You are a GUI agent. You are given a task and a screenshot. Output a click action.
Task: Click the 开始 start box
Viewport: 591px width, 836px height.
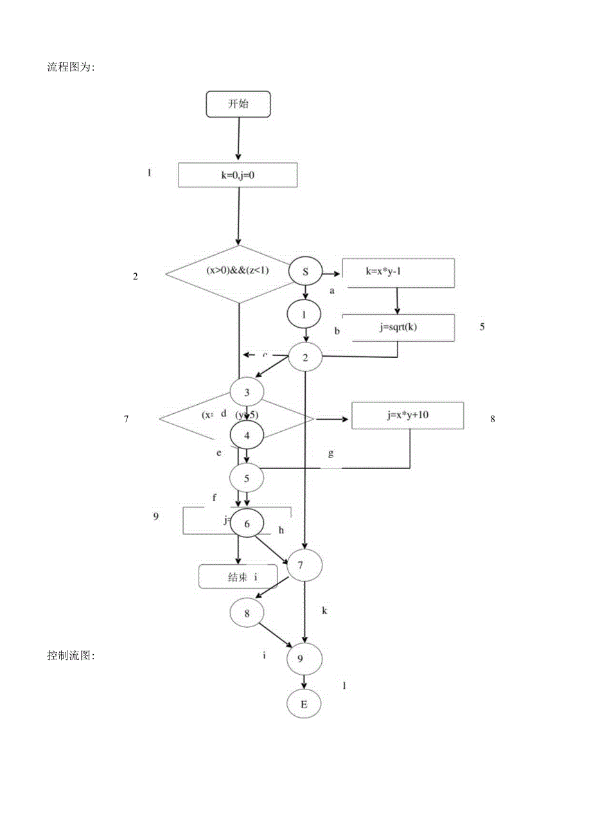click(x=238, y=104)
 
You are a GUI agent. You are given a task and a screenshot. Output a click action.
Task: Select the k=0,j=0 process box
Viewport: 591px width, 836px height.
click(x=237, y=175)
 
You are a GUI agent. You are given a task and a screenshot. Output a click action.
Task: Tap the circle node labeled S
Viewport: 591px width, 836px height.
click(x=306, y=272)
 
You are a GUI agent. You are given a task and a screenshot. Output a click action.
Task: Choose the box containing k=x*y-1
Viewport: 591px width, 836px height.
click(x=398, y=272)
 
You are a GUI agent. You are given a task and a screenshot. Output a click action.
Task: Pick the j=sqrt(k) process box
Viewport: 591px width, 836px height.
click(x=398, y=327)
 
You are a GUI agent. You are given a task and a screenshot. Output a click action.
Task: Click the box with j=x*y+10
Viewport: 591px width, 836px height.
click(x=407, y=415)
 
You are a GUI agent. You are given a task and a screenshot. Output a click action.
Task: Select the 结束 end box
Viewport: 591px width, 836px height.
click(x=237, y=577)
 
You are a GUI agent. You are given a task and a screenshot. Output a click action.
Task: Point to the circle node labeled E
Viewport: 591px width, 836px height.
click(x=304, y=704)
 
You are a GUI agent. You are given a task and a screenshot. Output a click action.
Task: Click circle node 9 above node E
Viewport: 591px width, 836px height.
click(x=305, y=659)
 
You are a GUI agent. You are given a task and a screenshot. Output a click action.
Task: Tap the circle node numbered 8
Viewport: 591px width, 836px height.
click(x=247, y=613)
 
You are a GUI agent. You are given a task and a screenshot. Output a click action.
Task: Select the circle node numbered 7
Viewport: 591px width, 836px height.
click(x=305, y=565)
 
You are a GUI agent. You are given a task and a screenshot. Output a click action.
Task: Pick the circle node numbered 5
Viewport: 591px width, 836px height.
click(x=247, y=477)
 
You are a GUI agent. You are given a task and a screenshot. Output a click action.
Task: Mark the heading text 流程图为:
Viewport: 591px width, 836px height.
click(x=71, y=67)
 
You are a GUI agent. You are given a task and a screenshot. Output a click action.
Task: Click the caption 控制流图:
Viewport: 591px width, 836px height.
click(x=71, y=655)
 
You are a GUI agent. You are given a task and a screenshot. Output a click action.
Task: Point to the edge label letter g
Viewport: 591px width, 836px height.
click(x=331, y=453)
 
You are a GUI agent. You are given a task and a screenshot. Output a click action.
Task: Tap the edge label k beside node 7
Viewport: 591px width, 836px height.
click(x=324, y=610)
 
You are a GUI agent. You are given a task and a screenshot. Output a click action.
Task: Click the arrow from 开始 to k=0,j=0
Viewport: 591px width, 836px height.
click(x=238, y=138)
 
